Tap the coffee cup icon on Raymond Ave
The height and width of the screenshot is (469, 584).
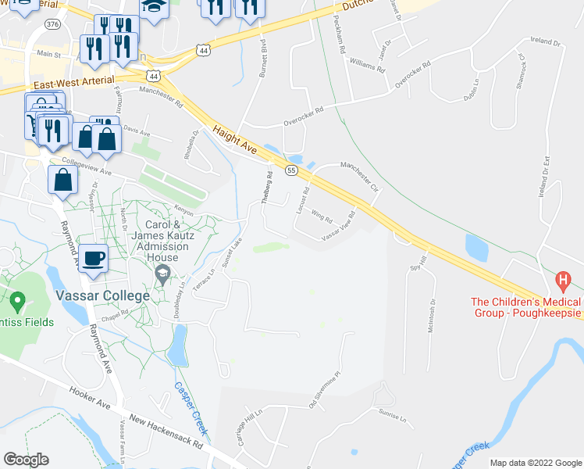pyautogui.click(x=93, y=258)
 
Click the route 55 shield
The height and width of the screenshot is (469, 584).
pyautogui.click(x=291, y=170)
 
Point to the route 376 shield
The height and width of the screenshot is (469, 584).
pyautogui.click(x=53, y=24)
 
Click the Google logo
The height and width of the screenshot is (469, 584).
pyautogui.click(x=27, y=460)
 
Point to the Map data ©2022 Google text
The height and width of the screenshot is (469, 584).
pyautogui.click(x=535, y=463)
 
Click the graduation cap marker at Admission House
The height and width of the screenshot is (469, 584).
pyautogui.click(x=162, y=273)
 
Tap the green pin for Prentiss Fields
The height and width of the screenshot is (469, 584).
pyautogui.click(x=17, y=299)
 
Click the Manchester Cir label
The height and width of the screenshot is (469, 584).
pyautogui.click(x=358, y=177)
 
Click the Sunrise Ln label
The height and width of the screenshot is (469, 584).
pyautogui.click(x=393, y=414)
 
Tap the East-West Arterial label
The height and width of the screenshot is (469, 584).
pyautogui.click(x=75, y=81)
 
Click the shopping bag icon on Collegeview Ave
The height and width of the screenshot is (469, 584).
pyautogui.click(x=62, y=180)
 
